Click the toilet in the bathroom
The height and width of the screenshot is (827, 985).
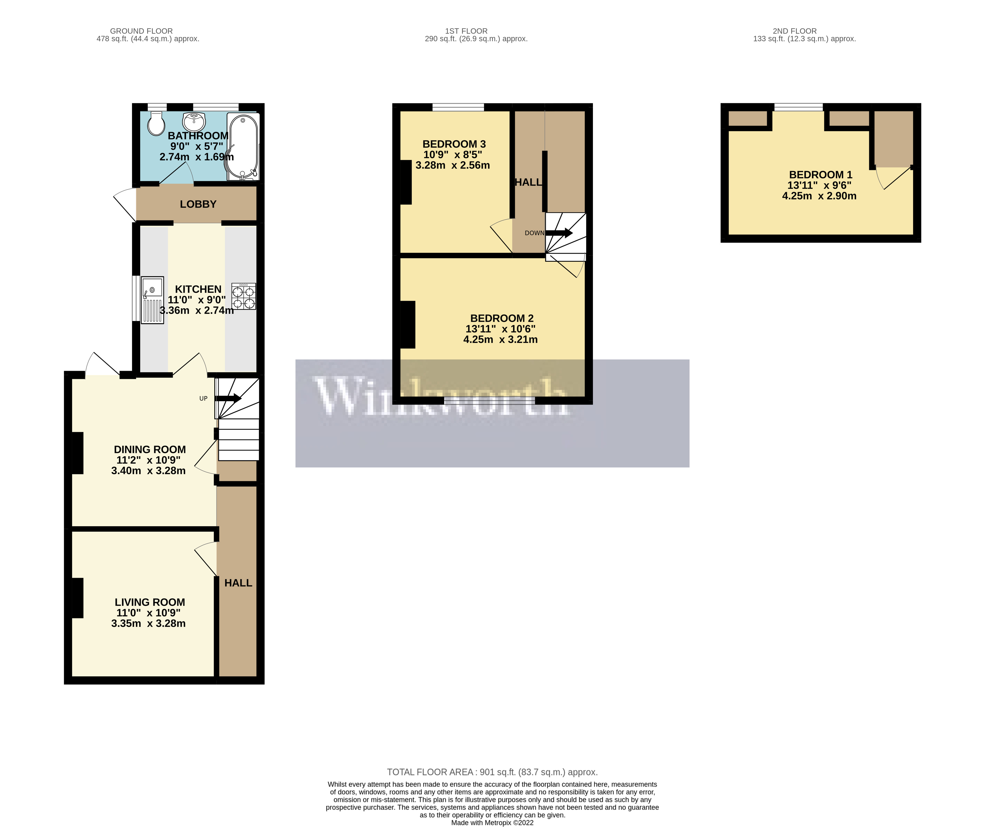point(156,123)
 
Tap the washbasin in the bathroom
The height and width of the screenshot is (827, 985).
point(194,122)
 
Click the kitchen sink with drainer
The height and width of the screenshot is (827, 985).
point(153,300)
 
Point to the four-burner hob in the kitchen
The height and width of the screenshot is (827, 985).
point(244,296)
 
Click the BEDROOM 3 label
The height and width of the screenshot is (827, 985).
point(454,144)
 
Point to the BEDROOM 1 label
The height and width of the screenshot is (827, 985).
point(820,174)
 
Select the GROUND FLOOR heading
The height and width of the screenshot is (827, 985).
point(141,31)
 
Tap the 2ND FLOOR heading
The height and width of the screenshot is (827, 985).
point(795,31)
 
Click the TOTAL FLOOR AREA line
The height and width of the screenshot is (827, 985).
point(492,772)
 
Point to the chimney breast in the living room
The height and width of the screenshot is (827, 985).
point(78,598)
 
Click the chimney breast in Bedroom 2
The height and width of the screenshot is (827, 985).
point(407,324)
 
